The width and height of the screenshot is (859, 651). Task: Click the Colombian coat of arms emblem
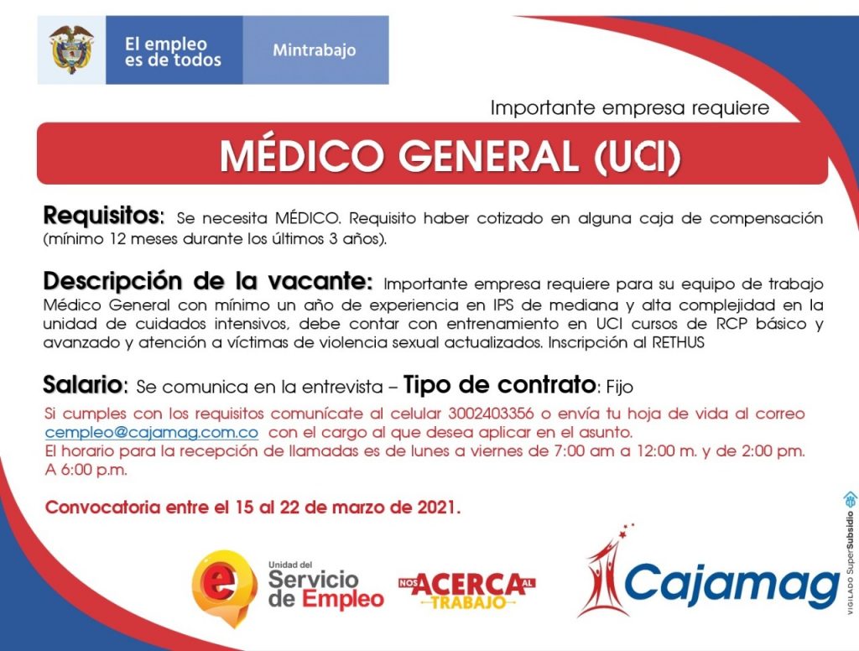[71, 49]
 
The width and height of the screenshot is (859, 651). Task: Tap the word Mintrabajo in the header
[315, 50]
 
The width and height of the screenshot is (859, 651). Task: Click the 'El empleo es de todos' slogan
[173, 51]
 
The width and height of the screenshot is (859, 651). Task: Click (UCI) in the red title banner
[638, 157]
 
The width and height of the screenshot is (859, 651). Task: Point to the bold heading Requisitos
[102, 216]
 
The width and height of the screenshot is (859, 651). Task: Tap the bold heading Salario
[85, 385]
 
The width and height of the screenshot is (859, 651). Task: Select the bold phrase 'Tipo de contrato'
[499, 385]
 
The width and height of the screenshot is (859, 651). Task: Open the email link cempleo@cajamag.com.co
[152, 432]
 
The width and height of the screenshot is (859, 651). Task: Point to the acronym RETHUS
[678, 342]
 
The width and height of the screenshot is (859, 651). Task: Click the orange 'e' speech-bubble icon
[224, 586]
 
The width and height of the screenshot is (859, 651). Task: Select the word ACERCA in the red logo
[466, 585]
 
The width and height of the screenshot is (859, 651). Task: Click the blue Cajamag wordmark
[731, 586]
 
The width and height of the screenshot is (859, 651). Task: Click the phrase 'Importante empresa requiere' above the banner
[630, 107]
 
